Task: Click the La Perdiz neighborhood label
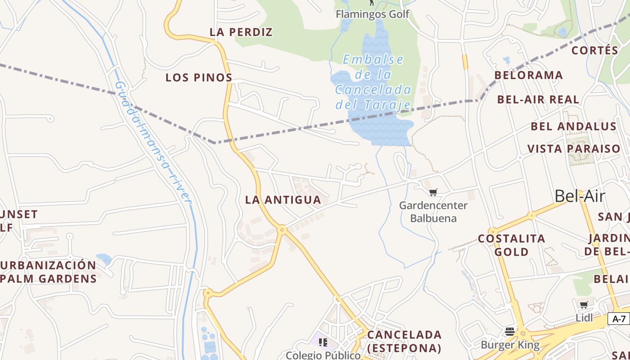coord(241,32)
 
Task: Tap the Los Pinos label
coord(198,77)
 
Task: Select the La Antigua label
coord(283,200)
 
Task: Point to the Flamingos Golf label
coord(373,14)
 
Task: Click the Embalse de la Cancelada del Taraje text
coord(373,82)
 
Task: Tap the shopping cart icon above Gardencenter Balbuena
coord(433,193)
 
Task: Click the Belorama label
coord(529,75)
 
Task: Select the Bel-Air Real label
coord(538,99)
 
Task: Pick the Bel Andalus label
coord(574,126)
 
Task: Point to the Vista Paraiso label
coord(574,149)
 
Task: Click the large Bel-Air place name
coord(580,196)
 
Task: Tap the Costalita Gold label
coord(512,245)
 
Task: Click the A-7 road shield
coord(619,319)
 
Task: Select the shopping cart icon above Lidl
coord(584,305)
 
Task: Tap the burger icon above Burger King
coord(510,332)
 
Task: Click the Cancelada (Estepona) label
coord(404,342)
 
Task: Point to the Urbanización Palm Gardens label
coord(49,272)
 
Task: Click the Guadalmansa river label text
coord(153,142)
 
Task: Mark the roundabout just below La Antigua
coord(282,230)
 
